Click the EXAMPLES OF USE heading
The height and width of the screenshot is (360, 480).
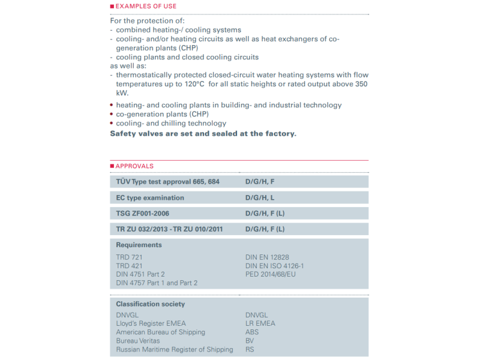click(146, 7)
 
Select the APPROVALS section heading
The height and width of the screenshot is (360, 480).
click(134, 166)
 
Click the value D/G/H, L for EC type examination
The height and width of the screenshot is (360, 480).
click(259, 197)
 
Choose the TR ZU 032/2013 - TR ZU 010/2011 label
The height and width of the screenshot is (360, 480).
click(169, 229)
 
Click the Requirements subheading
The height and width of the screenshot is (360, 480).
click(139, 245)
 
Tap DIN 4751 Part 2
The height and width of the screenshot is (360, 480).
click(140, 274)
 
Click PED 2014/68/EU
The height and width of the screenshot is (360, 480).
click(271, 274)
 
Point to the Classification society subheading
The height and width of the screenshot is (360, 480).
click(151, 304)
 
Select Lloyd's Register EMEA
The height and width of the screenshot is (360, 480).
click(153, 323)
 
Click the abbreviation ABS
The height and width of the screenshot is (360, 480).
click(253, 332)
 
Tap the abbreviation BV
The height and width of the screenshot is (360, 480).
click(250, 341)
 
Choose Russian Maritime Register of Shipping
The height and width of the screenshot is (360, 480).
click(175, 349)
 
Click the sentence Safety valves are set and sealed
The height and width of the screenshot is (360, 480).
click(203, 133)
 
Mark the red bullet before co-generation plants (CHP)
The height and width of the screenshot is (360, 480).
click(112, 114)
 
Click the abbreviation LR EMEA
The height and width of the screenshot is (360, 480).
click(260, 323)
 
